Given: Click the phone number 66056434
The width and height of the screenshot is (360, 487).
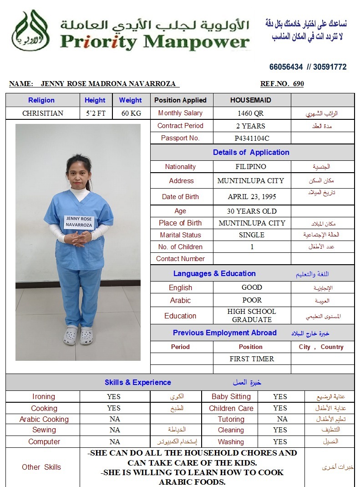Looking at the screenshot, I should [x=286, y=67].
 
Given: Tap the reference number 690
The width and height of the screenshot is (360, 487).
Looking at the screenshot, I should [x=299, y=84].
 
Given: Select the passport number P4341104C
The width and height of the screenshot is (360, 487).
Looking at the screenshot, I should [x=252, y=138].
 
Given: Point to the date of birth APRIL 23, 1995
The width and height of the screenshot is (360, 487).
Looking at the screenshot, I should [x=252, y=197].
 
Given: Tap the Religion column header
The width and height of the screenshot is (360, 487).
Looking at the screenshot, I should [x=41, y=100].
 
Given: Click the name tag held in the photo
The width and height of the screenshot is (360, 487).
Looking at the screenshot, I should [x=78, y=222].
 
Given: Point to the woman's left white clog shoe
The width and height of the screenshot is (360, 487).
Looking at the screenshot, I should [x=86, y=336].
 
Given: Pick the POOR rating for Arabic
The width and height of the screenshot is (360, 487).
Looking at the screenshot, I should [x=252, y=300].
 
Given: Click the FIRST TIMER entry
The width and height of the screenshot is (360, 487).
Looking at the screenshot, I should [x=252, y=359].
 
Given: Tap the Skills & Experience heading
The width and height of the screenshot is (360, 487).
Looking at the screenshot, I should [x=138, y=382].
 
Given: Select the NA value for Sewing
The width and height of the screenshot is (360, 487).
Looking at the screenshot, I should [x=115, y=430].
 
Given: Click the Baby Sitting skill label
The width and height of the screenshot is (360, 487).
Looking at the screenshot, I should [x=231, y=396].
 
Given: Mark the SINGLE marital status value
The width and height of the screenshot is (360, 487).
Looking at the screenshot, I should [x=252, y=235].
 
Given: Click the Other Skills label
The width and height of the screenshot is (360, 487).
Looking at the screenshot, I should [x=41, y=467].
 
